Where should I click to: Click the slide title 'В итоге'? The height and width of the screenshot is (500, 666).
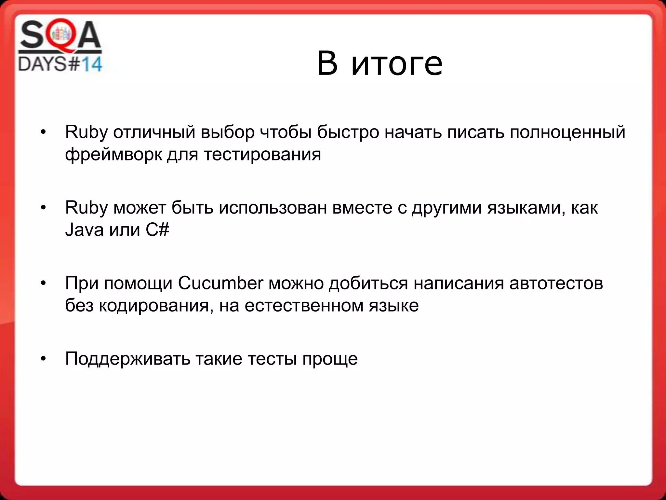pyautogui.click(x=380, y=63)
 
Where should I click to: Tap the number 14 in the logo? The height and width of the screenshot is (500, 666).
pyautogui.click(x=91, y=64)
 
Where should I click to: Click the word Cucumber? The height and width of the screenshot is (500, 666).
pyautogui.click(x=220, y=283)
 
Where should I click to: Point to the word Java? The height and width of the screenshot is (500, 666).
pyautogui.click(x=84, y=230)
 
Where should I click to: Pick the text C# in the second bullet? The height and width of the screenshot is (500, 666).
pyautogui.click(x=157, y=230)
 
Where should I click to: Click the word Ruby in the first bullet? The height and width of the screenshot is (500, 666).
pyautogui.click(x=86, y=132)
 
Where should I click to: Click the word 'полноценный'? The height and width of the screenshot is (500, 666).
pyautogui.click(x=567, y=132)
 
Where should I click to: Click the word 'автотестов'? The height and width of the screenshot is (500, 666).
pyautogui.click(x=556, y=283)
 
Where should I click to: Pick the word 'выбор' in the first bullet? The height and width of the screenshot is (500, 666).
pyautogui.click(x=227, y=132)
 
